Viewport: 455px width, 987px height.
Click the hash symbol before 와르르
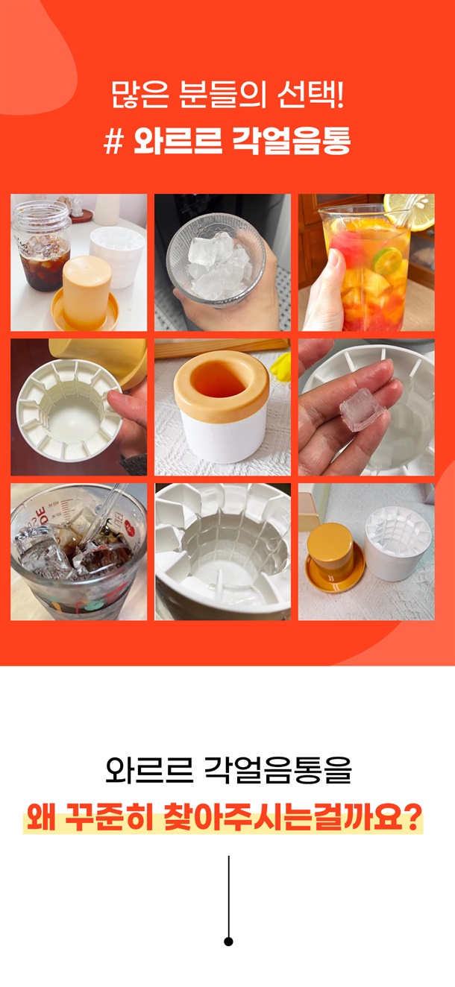click(x=113, y=142)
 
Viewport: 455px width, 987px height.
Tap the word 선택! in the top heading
click(x=310, y=95)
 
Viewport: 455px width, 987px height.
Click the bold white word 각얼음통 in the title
click(x=291, y=141)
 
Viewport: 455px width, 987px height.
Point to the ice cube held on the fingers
click(x=362, y=410)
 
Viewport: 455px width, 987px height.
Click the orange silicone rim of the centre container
click(x=222, y=385)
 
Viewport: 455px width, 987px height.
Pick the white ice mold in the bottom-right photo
click(x=398, y=541)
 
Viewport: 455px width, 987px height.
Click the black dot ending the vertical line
click(x=228, y=942)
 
